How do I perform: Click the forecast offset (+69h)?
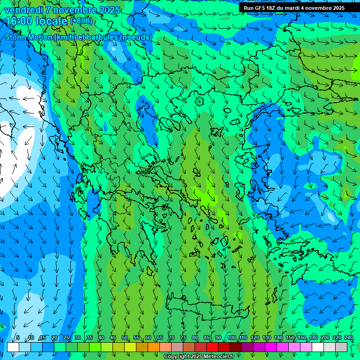(81, 21)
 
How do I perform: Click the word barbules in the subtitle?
(105, 37)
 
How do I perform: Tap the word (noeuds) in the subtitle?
(136, 37)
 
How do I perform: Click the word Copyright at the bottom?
(177, 357)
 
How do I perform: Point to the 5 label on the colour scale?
(18, 337)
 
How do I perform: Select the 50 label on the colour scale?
(125, 337)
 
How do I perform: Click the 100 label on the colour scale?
(232, 337)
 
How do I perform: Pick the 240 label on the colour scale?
(349, 337)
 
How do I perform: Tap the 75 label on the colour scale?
(183, 337)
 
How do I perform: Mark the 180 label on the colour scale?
(314, 337)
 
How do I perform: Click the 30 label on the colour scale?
(77, 337)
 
